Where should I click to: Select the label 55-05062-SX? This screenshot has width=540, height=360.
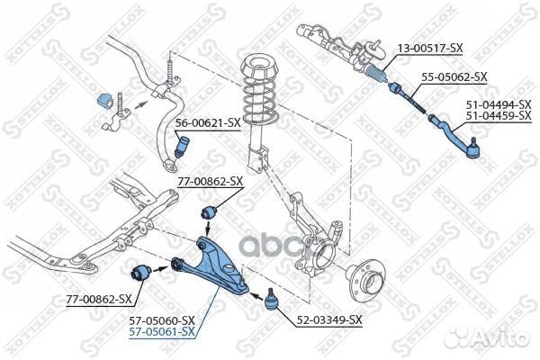[x=454, y=76]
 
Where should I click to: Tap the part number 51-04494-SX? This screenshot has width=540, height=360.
[x=498, y=104]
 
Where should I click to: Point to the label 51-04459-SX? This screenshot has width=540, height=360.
[x=498, y=116]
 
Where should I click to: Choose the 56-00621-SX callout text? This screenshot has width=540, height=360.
[x=208, y=121]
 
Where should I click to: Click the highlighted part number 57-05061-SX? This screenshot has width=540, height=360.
[x=163, y=332]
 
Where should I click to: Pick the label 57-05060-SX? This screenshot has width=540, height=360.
[x=163, y=320]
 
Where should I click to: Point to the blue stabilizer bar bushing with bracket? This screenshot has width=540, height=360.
[x=104, y=103]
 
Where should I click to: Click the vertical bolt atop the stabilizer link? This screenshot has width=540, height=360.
[x=167, y=67]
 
